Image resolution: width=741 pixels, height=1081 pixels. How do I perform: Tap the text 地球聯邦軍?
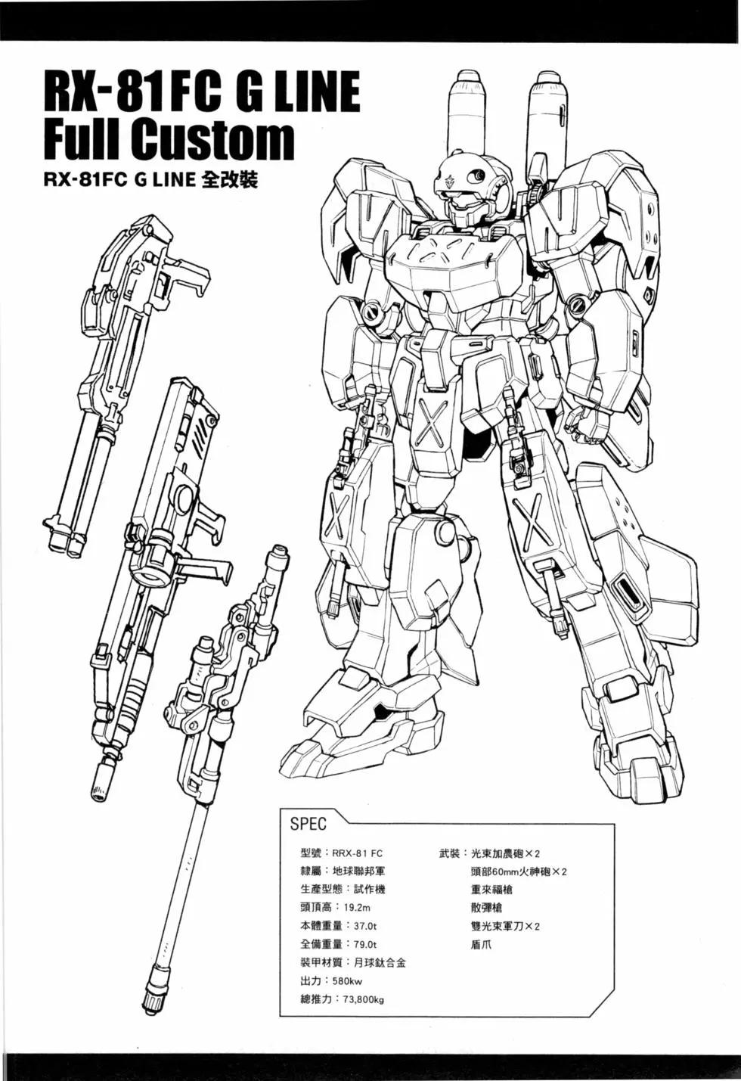pyautogui.click(x=359, y=871)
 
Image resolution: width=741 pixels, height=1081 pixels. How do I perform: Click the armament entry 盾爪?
pyautogui.click(x=481, y=944)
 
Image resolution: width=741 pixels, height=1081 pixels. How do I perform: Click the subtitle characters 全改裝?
pyautogui.click(x=230, y=180)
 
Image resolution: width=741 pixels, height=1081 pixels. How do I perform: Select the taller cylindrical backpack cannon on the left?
pyautogui.click(x=468, y=116)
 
